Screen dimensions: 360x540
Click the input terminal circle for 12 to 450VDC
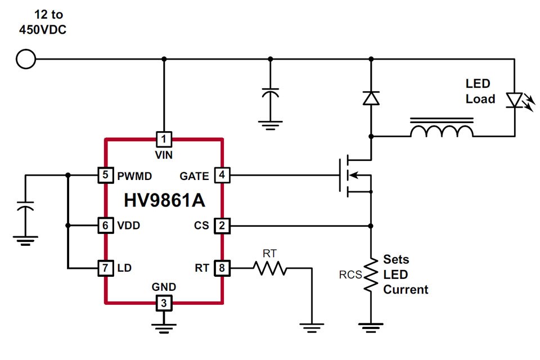pyautogui.click(x=26, y=59)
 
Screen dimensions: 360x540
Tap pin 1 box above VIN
pyautogui.click(x=164, y=138)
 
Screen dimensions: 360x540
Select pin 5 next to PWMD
pyautogui.click(x=105, y=175)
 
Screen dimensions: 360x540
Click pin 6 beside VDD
pyautogui.click(x=105, y=226)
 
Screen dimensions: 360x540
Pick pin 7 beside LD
pyautogui.click(x=105, y=268)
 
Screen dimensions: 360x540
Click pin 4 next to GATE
pyautogui.click(x=222, y=175)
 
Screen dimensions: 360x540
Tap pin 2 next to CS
pyautogui.click(x=222, y=226)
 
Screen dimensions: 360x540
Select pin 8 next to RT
pyautogui.click(x=222, y=268)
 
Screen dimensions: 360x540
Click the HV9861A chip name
pyautogui.click(x=164, y=200)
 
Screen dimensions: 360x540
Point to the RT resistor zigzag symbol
pyautogui.click(x=269, y=269)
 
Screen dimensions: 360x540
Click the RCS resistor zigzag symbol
pyautogui.click(x=371, y=274)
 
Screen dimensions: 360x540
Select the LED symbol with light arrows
pyautogui.click(x=515, y=100)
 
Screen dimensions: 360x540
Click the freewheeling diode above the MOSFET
pyautogui.click(x=371, y=98)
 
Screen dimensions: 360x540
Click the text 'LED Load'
pyautogui.click(x=480, y=91)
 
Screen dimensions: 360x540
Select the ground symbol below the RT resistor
pyautogui.click(x=311, y=325)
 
